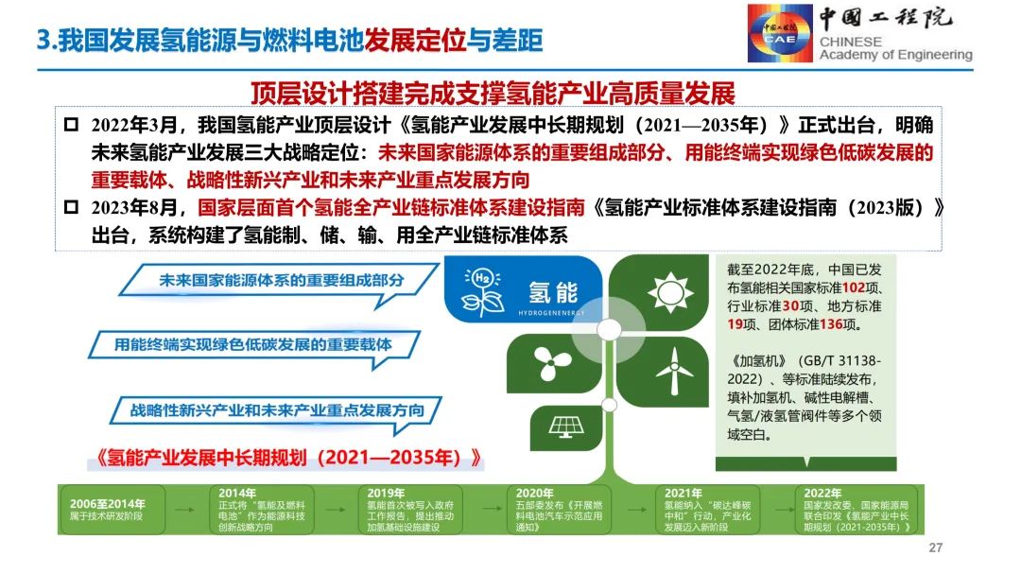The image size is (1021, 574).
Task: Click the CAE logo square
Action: tap(781, 33)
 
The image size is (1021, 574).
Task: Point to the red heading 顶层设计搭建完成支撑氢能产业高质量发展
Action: tap(493, 94)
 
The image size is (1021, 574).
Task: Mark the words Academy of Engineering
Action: tap(895, 55)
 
